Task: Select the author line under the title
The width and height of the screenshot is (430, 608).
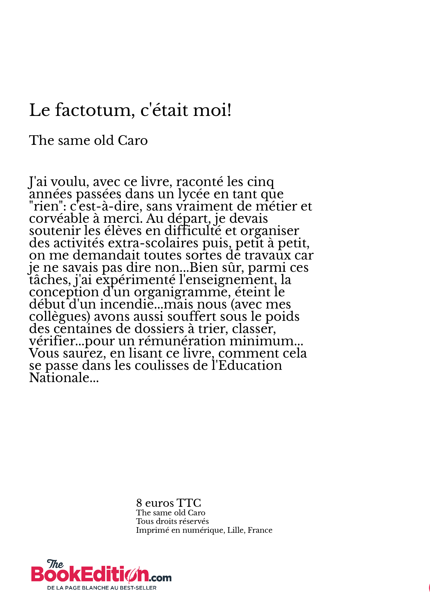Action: [88, 140]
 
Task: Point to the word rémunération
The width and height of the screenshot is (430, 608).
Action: [182, 341]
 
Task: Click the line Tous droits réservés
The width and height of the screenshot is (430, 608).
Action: [172, 521]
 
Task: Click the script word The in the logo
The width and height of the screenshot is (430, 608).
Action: [55, 564]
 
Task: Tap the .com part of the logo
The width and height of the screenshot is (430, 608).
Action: [160, 578]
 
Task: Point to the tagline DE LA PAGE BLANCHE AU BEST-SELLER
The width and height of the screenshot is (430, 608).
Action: [102, 588]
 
